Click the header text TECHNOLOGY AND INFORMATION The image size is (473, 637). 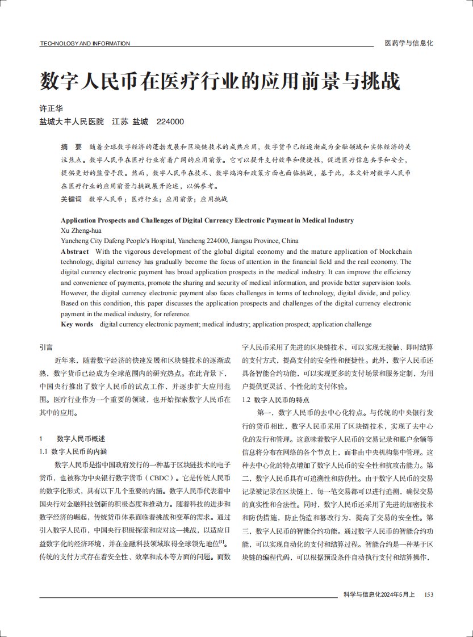coord(85,44)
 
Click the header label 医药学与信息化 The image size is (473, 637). coord(409,43)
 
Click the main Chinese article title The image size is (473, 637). coord(220,81)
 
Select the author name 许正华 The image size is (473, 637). coord(51,108)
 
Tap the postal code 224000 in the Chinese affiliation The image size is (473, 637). coord(170,121)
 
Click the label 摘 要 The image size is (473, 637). coord(71,146)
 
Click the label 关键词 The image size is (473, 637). coord(71,199)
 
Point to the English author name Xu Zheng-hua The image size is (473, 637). coord(81,231)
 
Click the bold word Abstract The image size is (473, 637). coord(75,252)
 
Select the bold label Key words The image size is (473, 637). coord(77,324)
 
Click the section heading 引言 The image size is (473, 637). coord(46,346)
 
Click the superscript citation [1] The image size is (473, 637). coord(222,542)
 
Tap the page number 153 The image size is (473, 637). coord(429,594)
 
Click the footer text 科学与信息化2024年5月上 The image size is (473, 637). coord(379,594)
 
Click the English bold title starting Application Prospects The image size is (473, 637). coord(207,220)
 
